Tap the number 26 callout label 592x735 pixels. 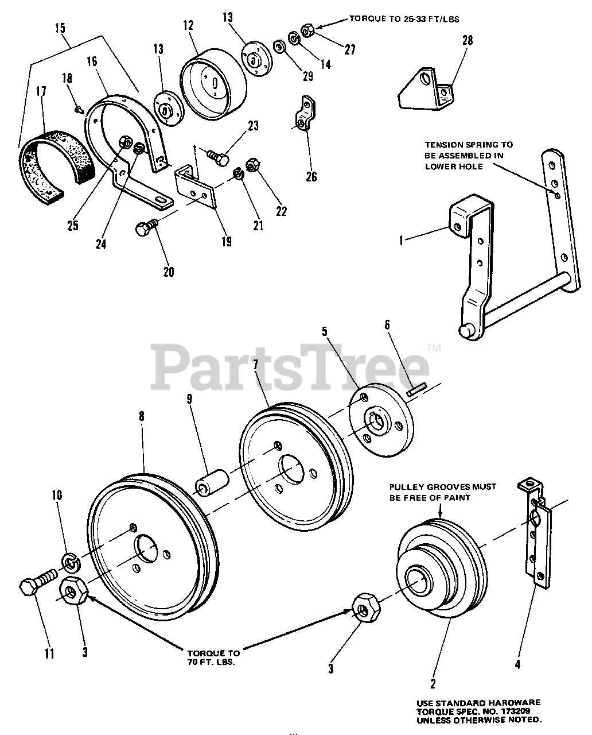click(311, 176)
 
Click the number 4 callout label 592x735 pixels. click(518, 665)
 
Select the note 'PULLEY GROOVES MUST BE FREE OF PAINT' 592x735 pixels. click(439, 492)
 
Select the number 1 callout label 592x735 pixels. click(401, 240)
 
